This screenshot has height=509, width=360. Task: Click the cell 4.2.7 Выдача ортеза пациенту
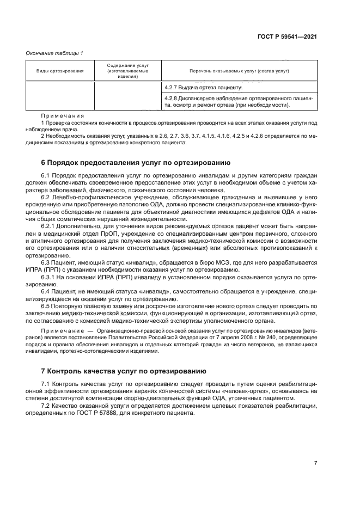click(x=203, y=87)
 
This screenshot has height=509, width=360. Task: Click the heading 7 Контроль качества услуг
click(x=124, y=371)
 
